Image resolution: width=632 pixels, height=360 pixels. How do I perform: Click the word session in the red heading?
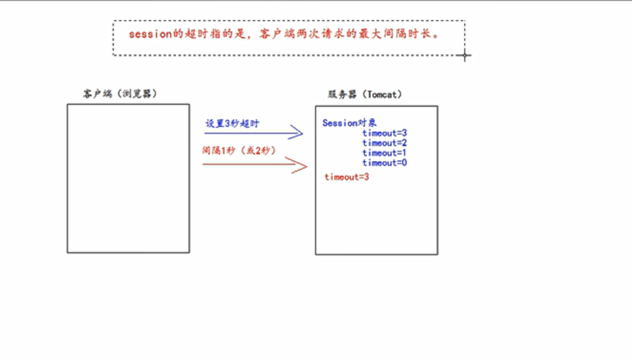click(x=150, y=34)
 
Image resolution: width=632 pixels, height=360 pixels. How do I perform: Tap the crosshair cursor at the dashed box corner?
click(x=464, y=55)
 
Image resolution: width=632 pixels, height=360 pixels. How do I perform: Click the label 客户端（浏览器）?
click(x=119, y=94)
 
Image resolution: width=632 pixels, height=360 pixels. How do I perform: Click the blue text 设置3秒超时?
click(x=232, y=124)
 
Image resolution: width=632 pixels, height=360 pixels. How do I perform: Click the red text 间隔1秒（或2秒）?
click(x=239, y=150)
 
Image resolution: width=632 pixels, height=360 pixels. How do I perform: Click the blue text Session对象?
click(x=349, y=123)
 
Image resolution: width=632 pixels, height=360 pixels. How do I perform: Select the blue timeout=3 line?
click(x=384, y=133)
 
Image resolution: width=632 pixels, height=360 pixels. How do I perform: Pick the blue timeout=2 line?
click(x=384, y=143)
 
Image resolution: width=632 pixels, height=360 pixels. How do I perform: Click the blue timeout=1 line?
click(x=384, y=153)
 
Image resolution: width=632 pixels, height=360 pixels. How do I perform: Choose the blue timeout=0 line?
click(x=384, y=163)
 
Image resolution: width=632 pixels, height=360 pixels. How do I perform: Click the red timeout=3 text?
click(x=347, y=177)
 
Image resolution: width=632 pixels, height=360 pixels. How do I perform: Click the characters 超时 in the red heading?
click(x=197, y=34)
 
